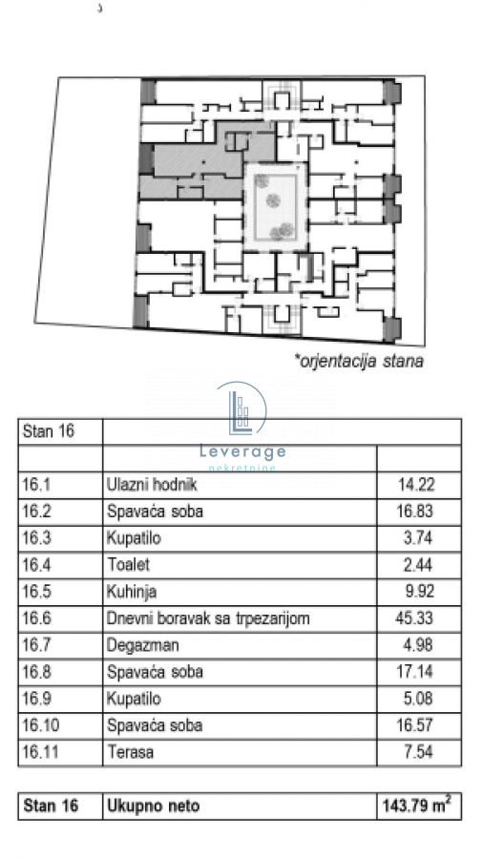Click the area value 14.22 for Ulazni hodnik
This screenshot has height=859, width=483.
(x=415, y=484)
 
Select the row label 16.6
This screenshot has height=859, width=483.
(x=36, y=618)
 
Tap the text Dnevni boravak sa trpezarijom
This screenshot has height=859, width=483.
(x=208, y=618)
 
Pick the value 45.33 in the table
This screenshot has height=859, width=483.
(x=414, y=618)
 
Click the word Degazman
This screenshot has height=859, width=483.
(x=143, y=645)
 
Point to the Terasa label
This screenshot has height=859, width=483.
(x=131, y=752)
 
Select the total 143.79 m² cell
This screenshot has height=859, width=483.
(x=417, y=806)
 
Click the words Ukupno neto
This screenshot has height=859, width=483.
(x=154, y=807)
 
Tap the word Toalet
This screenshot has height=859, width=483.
(x=128, y=564)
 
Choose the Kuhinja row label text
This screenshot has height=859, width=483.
(x=132, y=592)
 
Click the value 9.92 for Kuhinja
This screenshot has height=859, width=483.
(x=418, y=591)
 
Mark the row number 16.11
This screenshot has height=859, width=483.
(x=40, y=752)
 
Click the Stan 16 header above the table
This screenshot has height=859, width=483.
(x=48, y=431)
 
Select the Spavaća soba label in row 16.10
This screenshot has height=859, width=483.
(x=155, y=725)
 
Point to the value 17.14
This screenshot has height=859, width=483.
(x=414, y=672)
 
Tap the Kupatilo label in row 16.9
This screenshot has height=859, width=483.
(x=135, y=699)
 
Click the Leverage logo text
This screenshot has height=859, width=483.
(x=242, y=451)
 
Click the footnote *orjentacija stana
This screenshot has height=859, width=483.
(x=359, y=362)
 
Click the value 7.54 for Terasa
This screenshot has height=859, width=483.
(x=418, y=752)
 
